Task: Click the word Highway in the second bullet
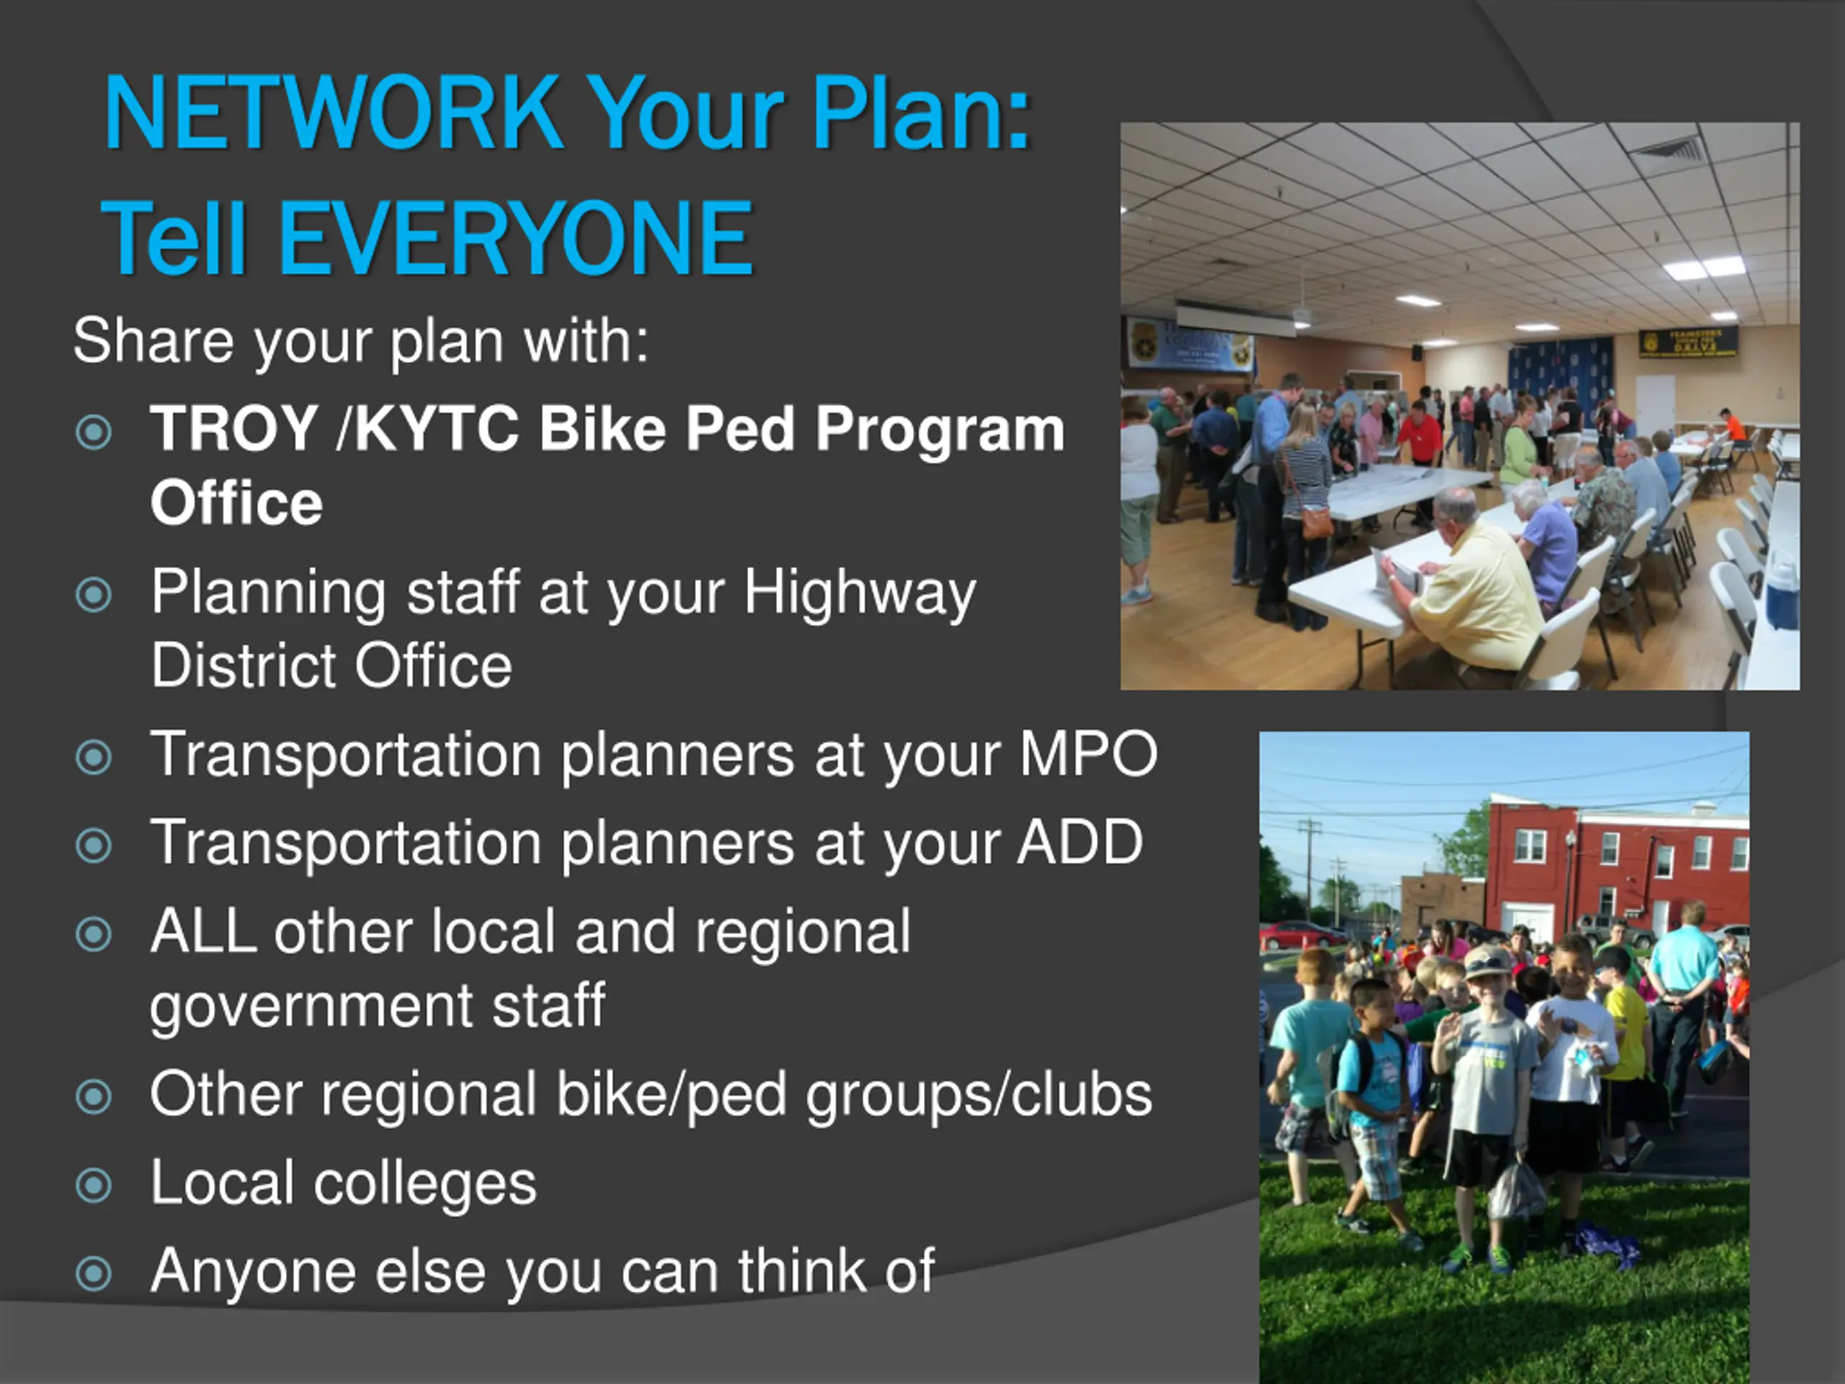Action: (x=859, y=594)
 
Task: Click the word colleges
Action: (x=424, y=1184)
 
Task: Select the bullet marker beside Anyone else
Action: (x=94, y=1274)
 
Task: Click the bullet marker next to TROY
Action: (x=94, y=432)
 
